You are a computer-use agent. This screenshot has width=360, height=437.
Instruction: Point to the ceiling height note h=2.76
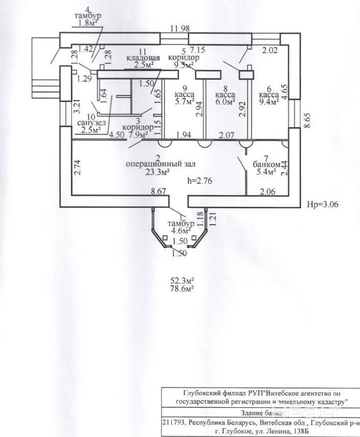pyautogui.click(x=199, y=181)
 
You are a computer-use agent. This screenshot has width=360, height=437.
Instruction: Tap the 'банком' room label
pyautogui.click(x=266, y=165)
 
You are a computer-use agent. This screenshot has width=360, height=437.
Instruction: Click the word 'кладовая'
pyautogui.click(x=143, y=58)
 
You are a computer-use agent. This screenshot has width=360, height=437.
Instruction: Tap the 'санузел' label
pyautogui.click(x=90, y=122)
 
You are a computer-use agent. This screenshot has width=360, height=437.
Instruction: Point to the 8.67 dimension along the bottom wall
pyautogui.click(x=159, y=191)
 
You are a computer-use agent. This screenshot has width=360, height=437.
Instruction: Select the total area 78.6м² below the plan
pyautogui.click(x=182, y=288)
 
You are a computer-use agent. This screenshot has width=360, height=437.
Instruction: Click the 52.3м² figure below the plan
pyautogui.click(x=182, y=280)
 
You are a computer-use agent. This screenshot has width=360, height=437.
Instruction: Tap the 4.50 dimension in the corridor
pyautogui.click(x=116, y=135)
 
